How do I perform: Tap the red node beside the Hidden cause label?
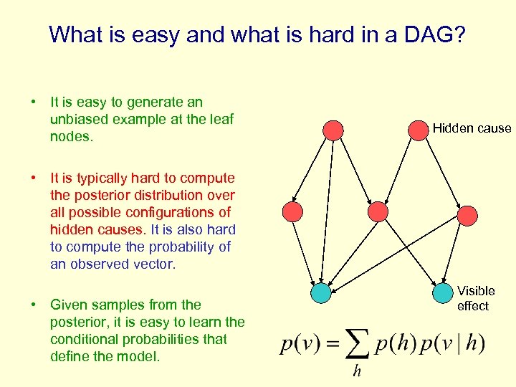coord(418,130)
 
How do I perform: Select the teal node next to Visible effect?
coord(443,293)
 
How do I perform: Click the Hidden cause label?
coord(472,128)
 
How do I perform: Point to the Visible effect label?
coord(476,298)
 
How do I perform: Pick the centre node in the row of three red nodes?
coord(378,211)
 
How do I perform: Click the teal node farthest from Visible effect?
coord(322,293)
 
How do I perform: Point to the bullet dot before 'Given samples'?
coord(34,305)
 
